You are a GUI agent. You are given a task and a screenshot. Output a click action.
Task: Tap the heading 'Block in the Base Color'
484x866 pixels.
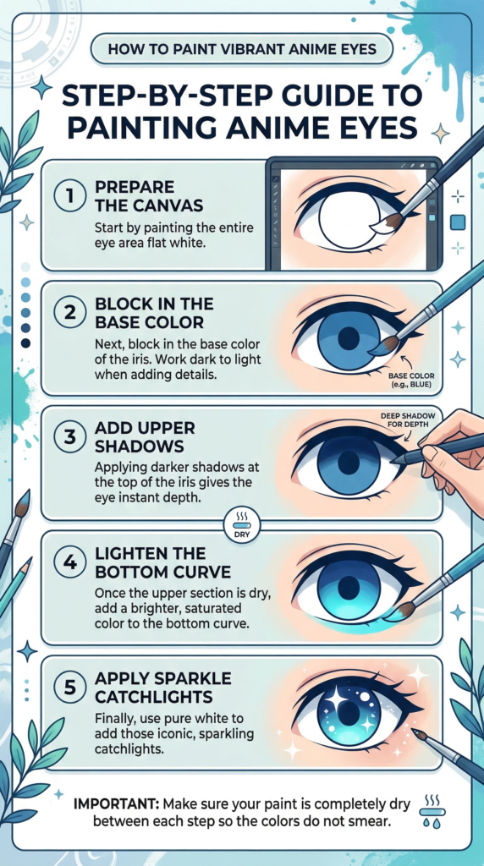pyautogui.click(x=156, y=314)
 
